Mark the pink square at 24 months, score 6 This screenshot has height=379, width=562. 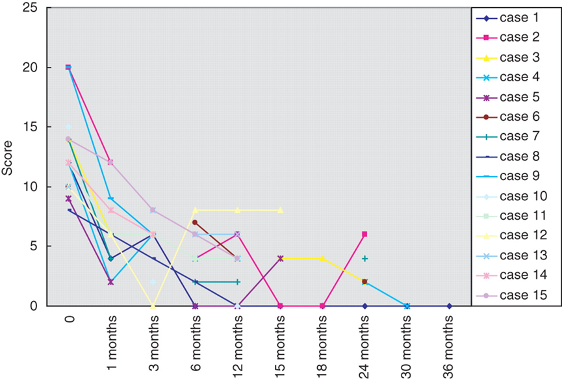tap(365, 234)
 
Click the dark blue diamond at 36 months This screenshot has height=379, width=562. tap(450, 306)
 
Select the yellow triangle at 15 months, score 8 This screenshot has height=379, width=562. tap(280, 210)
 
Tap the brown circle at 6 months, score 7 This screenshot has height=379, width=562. tap(195, 222)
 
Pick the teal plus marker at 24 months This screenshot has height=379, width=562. tap(365, 258)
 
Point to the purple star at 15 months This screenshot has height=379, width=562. tap(280, 258)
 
